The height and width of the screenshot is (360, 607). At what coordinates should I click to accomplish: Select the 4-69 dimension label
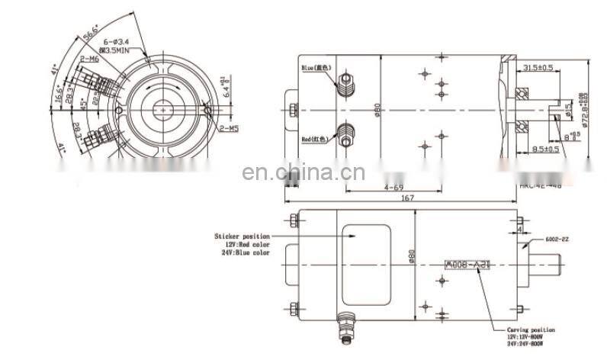tap(393, 185)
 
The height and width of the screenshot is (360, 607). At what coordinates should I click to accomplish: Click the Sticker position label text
tap(242, 237)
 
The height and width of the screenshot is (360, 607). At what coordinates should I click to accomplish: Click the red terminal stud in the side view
tap(346, 135)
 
